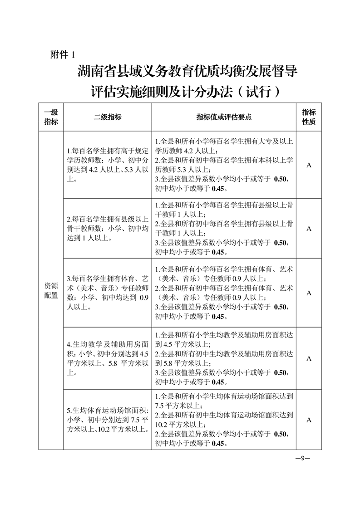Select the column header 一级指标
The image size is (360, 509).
51,117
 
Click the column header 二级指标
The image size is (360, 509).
107,117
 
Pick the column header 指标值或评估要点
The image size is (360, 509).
224,117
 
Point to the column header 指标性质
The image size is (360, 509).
309,117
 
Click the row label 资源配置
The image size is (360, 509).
51,290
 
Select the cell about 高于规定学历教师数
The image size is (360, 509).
107,165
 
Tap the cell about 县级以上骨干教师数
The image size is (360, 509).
107,229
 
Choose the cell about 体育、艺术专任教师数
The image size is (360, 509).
107,293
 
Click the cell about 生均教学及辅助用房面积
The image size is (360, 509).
107,358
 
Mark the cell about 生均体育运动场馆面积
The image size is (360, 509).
107,420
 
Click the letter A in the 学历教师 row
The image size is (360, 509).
309,165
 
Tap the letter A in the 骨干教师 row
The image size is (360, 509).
309,229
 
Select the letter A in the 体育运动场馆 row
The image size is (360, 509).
309,420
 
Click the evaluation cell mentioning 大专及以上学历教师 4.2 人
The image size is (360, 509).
224,165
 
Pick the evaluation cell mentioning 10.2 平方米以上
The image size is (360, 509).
224,420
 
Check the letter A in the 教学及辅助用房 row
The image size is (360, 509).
309,358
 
